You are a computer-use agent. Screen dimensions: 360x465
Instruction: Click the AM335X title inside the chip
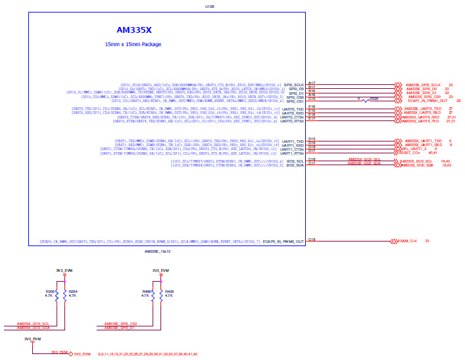134,30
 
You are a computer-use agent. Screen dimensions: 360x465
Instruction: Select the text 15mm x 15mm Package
133,44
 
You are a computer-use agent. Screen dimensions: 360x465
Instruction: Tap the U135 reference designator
210,7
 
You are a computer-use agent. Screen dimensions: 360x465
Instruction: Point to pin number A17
312,82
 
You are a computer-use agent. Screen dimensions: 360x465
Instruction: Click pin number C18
312,239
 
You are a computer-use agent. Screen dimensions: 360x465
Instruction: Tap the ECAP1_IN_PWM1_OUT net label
428,101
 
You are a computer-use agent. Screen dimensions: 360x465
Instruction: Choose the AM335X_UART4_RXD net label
422,117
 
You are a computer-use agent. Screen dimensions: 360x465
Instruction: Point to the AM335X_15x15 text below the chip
157,251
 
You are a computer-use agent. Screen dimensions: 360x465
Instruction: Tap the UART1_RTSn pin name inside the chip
293,153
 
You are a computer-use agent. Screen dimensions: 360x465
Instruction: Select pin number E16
312,106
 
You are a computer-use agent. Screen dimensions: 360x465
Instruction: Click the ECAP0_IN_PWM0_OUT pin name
283,242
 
